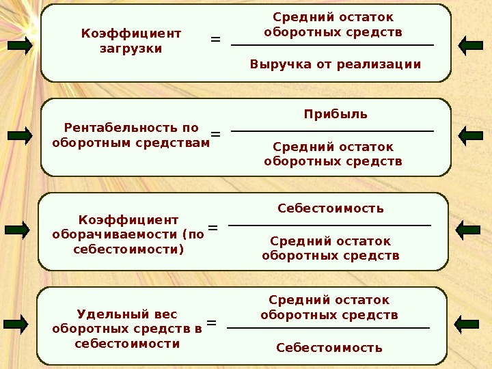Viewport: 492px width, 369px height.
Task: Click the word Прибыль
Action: pyautogui.click(x=335, y=114)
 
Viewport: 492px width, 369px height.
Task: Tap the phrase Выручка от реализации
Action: pyautogui.click(x=335, y=65)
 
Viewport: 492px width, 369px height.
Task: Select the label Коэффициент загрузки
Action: pyautogui.click(x=131, y=41)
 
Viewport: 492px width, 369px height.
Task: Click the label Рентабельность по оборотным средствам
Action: pyautogui.click(x=131, y=135)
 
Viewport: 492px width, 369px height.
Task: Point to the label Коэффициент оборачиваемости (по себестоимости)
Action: pyautogui.click(x=128, y=234)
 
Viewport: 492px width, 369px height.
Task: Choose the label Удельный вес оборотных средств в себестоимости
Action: pyautogui.click(x=127, y=329)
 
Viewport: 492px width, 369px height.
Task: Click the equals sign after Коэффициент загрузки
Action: pyautogui.click(x=215, y=40)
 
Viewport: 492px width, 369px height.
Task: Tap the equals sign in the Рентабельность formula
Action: pyautogui.click(x=215, y=134)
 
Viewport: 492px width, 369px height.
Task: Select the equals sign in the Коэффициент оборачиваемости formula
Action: pyautogui.click(x=213, y=228)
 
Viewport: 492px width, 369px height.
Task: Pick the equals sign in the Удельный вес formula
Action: pyautogui.click(x=211, y=322)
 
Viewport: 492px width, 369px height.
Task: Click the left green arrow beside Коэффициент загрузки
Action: pyautogui.click(x=20, y=46)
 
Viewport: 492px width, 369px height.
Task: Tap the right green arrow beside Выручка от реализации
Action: pyautogui.click(x=471, y=46)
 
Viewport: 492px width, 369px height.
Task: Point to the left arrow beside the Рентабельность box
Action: pyautogui.click(x=20, y=136)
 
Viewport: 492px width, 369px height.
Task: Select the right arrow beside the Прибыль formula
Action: pyautogui.click(x=471, y=136)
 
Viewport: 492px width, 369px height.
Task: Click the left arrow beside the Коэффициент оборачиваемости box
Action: pyautogui.click(x=18, y=230)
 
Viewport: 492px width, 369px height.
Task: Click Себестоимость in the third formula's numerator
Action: pyautogui.click(x=331, y=208)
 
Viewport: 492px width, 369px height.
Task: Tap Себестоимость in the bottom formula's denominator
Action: pyautogui.click(x=329, y=348)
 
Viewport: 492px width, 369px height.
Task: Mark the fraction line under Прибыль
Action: pyautogui.click(x=333, y=131)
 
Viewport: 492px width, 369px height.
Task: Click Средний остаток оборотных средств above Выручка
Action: pyautogui.click(x=333, y=25)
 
